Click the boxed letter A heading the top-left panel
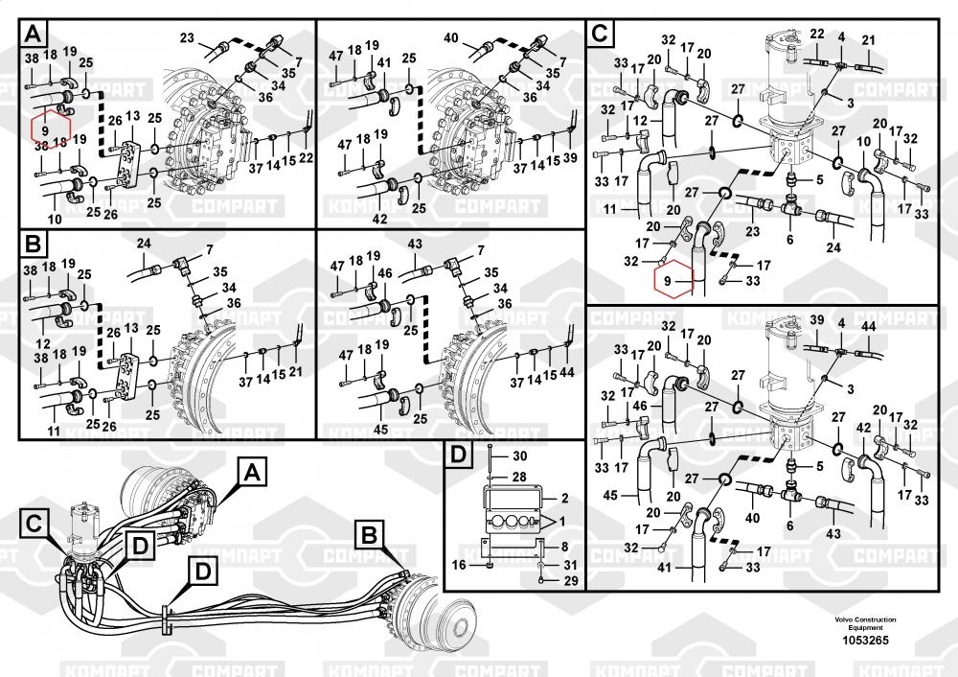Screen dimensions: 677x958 pyautogui.click(x=34, y=35)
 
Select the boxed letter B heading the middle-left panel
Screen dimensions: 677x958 pyautogui.click(x=34, y=245)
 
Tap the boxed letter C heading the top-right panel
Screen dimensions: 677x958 pyautogui.click(x=599, y=35)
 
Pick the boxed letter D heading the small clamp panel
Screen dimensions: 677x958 pyautogui.click(x=458, y=454)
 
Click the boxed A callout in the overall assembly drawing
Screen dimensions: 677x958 pyautogui.click(x=250, y=471)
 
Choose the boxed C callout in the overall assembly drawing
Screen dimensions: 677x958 pyautogui.click(x=34, y=524)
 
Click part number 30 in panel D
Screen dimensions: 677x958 pyautogui.click(x=521, y=455)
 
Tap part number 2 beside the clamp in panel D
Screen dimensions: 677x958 pyautogui.click(x=564, y=499)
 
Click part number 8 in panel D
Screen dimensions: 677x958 pyautogui.click(x=564, y=546)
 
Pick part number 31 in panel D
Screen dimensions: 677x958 pyautogui.click(x=569, y=564)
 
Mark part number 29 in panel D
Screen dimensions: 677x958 pyautogui.click(x=569, y=582)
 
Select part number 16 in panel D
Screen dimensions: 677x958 pyautogui.click(x=458, y=566)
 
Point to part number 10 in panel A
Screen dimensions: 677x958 pyautogui.click(x=55, y=220)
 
